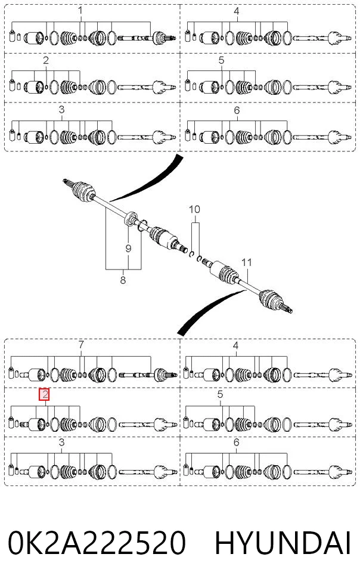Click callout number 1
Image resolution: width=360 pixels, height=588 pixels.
point(80,10)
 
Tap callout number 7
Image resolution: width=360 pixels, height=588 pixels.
point(81,344)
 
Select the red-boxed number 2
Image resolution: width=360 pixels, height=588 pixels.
point(45,395)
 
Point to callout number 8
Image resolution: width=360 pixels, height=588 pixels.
point(123,280)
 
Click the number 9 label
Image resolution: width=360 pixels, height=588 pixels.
point(129,248)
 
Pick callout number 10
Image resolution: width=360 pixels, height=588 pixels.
point(194,209)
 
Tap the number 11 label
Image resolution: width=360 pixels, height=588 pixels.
point(247,262)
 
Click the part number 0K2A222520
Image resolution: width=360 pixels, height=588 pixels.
point(97,543)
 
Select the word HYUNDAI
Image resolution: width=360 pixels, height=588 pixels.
point(283,543)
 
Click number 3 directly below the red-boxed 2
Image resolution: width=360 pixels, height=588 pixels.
point(62,442)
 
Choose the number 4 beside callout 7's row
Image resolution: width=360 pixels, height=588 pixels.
point(235,345)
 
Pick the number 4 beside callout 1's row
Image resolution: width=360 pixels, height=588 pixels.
point(237,11)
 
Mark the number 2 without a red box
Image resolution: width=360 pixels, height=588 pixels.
point(46,60)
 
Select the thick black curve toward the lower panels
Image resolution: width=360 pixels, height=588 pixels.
point(210,309)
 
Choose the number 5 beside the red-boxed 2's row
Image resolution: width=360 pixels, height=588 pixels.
point(221,395)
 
